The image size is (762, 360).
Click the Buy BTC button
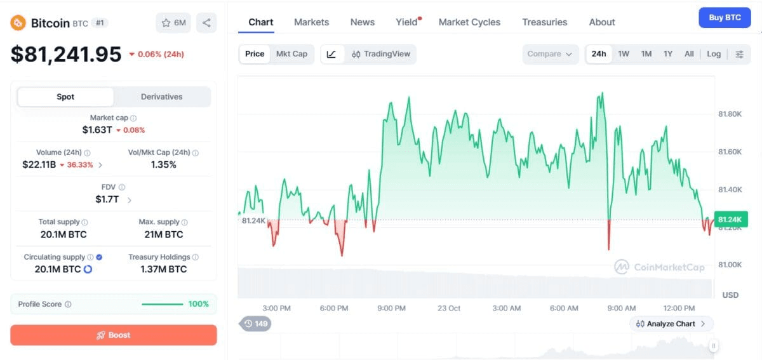[x=725, y=18]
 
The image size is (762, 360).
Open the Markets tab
[x=311, y=22]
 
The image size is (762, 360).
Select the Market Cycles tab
[x=469, y=22]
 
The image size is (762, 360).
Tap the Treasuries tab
[x=545, y=22]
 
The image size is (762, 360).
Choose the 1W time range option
[x=624, y=54]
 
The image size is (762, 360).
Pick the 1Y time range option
[x=668, y=54]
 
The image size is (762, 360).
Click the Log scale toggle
[x=714, y=54]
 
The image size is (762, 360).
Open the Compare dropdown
[x=550, y=54]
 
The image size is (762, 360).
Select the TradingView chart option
[x=381, y=54]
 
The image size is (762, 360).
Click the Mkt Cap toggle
[x=291, y=54]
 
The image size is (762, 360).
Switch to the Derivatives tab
[x=161, y=97]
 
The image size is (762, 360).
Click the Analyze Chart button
[x=671, y=324]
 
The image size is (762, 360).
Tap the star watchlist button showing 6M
[x=173, y=23]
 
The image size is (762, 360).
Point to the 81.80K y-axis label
[x=730, y=114]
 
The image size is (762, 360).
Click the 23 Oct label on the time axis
[x=449, y=309]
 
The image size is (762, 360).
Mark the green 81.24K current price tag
[x=731, y=220]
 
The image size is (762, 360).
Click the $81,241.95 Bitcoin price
[x=66, y=55]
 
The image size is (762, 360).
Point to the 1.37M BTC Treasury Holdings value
[x=164, y=269]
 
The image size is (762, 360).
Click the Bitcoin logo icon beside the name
[x=18, y=23]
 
